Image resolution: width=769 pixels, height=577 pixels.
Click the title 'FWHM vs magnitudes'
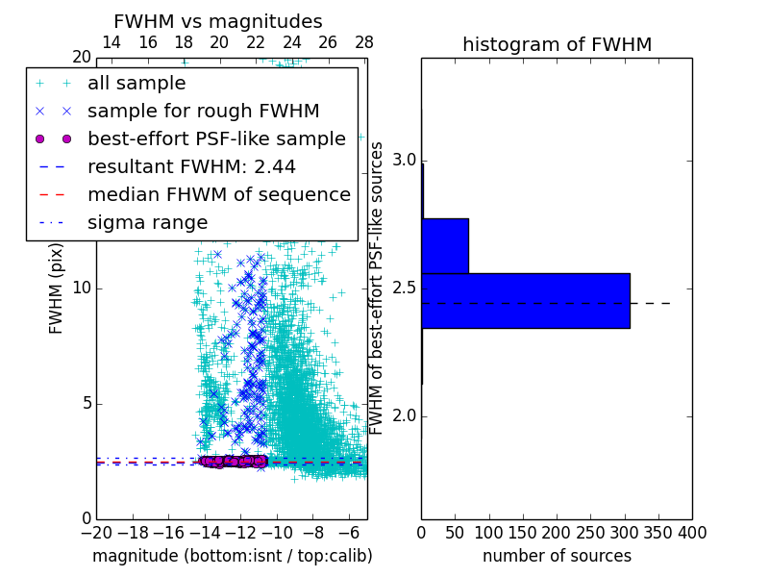[x=218, y=21]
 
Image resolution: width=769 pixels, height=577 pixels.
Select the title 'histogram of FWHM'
[x=557, y=44]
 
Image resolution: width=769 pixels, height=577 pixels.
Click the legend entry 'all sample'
[x=136, y=84]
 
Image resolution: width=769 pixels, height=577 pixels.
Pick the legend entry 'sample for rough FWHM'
[x=203, y=111]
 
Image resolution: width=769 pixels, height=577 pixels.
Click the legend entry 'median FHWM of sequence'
[x=218, y=194]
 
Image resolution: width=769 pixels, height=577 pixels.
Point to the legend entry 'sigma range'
[x=147, y=222]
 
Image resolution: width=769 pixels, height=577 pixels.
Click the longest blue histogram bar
[x=525, y=301]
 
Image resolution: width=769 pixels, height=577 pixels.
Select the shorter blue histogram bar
[x=445, y=246]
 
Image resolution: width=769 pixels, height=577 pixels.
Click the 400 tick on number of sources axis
[x=692, y=532]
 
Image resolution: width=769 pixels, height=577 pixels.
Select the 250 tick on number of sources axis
[x=590, y=532]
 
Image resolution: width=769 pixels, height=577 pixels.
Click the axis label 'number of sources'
[x=557, y=556]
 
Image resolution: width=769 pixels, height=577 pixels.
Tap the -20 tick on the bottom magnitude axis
[x=96, y=532]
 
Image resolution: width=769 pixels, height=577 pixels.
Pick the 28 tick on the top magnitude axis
[x=364, y=42]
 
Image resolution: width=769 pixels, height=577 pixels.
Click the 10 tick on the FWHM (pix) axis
[x=81, y=288]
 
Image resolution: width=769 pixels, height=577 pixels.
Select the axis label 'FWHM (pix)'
[x=56, y=288]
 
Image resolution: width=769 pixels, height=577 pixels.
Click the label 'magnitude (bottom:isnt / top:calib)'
[x=232, y=556]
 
